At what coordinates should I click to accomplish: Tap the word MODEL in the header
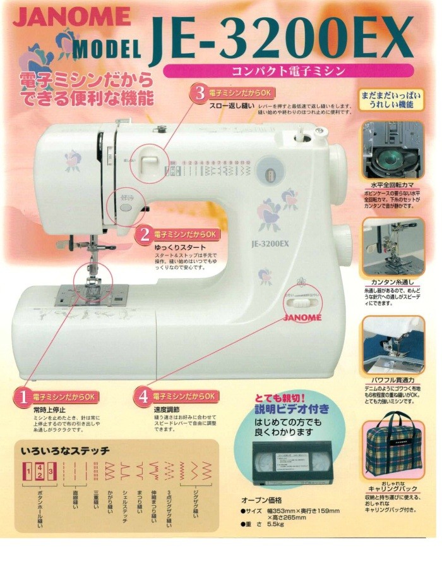pos(106,48)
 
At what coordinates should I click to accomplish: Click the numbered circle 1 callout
pos(21,397)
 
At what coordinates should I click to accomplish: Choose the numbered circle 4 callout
pos(143,396)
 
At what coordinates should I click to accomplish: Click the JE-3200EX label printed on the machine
pos(270,242)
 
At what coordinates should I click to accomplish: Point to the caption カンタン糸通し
pos(391,282)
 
